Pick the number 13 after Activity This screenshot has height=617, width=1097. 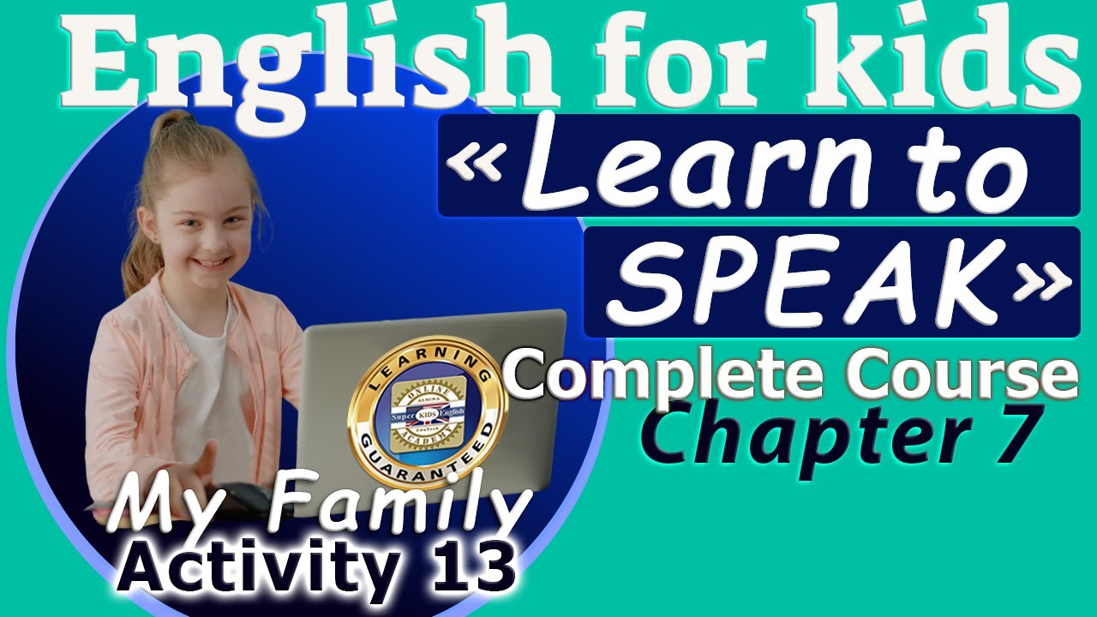[467, 566]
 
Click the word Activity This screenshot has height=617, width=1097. [261, 567]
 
